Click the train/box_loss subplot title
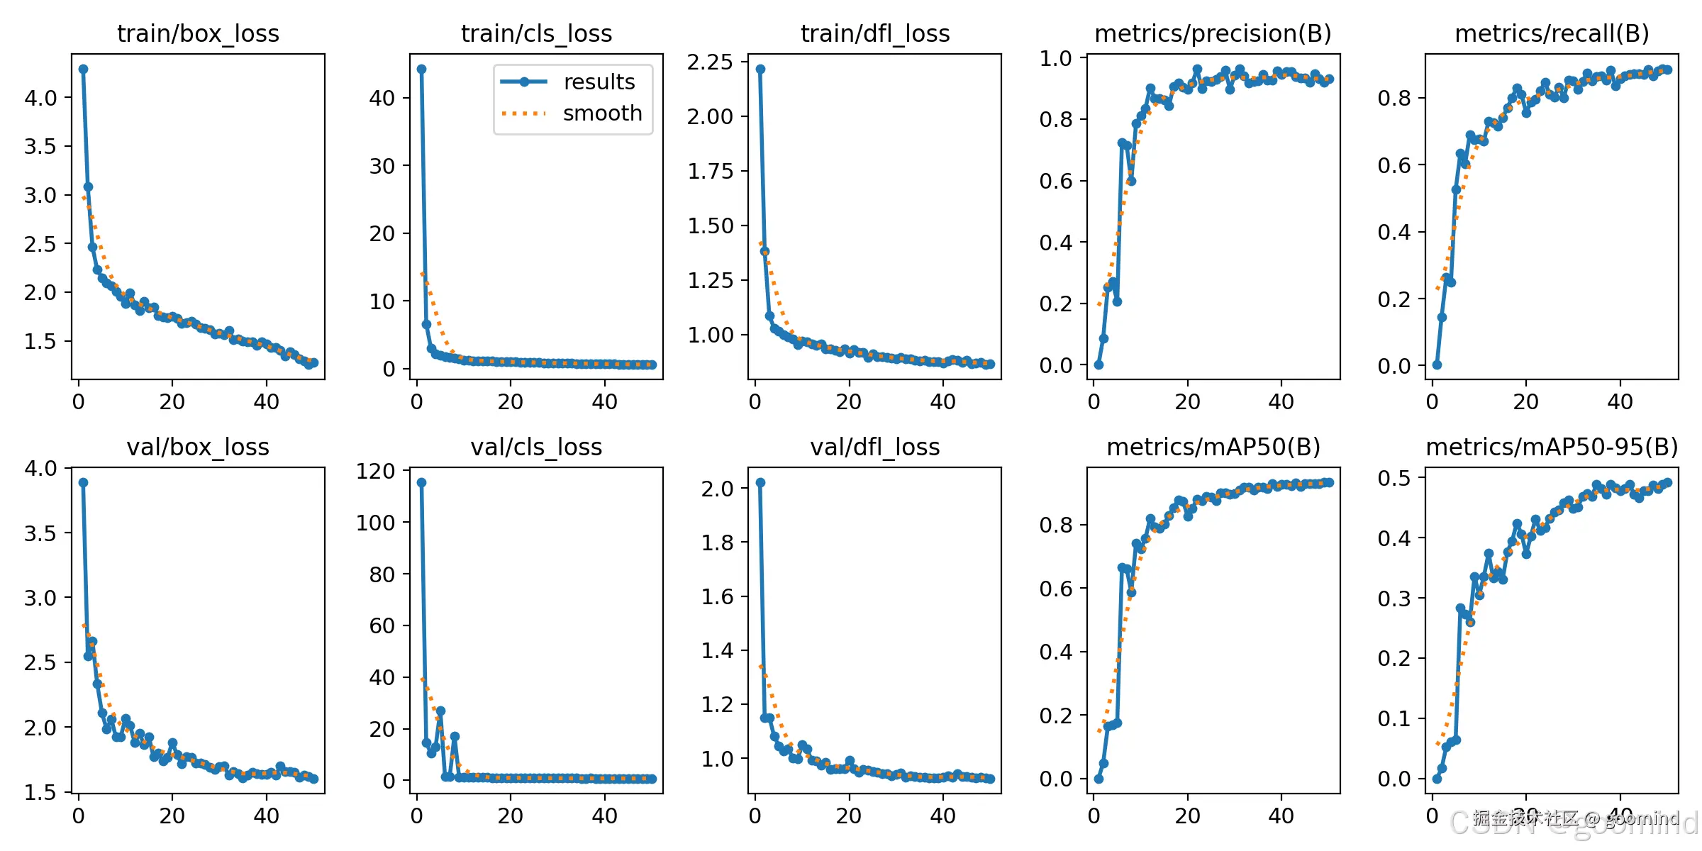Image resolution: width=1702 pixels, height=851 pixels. [198, 33]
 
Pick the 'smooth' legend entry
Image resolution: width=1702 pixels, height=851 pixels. [601, 113]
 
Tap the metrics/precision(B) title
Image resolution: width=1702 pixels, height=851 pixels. [1213, 33]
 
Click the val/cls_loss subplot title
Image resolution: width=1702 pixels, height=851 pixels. [536, 447]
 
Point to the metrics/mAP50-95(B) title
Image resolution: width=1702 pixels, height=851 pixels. [1552, 447]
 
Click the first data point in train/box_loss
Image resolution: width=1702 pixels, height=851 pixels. [83, 69]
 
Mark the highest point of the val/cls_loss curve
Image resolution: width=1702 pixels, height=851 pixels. [421, 482]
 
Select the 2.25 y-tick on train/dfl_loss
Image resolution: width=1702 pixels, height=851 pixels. [710, 62]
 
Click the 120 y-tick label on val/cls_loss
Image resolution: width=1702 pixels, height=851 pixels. [376, 471]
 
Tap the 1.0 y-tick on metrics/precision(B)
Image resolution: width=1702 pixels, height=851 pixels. [1055, 58]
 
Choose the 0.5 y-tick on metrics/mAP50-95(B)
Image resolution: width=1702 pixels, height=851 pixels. [1394, 478]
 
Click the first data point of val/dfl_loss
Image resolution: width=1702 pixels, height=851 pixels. [760, 482]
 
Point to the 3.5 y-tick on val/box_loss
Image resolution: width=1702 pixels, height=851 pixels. [40, 533]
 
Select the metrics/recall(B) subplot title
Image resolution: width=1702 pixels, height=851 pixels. [1552, 33]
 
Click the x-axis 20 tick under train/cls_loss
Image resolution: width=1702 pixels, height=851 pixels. [511, 402]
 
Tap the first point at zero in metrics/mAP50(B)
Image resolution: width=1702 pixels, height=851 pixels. [1098, 779]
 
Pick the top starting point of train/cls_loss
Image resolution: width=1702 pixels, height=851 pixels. [421, 69]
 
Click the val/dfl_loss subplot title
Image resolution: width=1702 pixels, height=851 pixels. [875, 447]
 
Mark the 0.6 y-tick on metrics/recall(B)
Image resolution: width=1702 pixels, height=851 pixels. [1394, 165]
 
